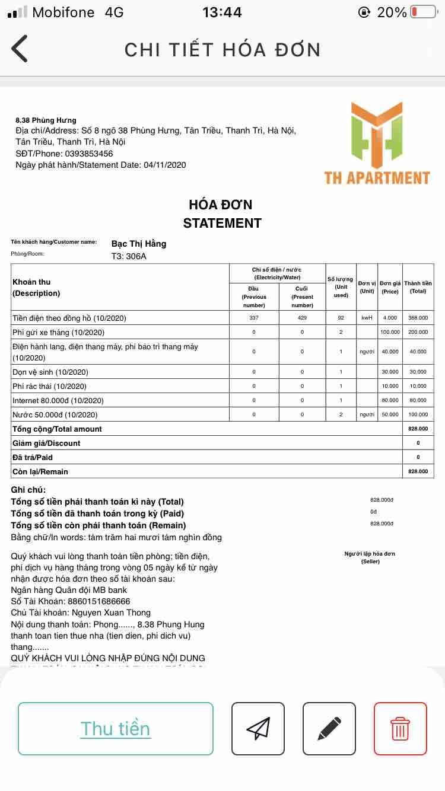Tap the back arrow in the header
point(20,49)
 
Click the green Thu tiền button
point(116,729)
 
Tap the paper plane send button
point(258,729)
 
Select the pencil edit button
point(329,729)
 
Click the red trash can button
point(401,729)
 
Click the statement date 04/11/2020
point(165,165)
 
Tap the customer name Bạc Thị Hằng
point(139,244)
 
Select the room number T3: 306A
point(129,257)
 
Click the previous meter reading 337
point(254,318)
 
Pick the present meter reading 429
point(302,318)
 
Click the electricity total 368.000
point(418,318)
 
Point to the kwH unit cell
point(367,318)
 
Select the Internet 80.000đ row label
point(58,400)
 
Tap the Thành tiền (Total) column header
point(418,287)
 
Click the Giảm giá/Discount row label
point(46,443)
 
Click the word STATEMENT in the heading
point(222,223)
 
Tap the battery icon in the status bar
point(422,12)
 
